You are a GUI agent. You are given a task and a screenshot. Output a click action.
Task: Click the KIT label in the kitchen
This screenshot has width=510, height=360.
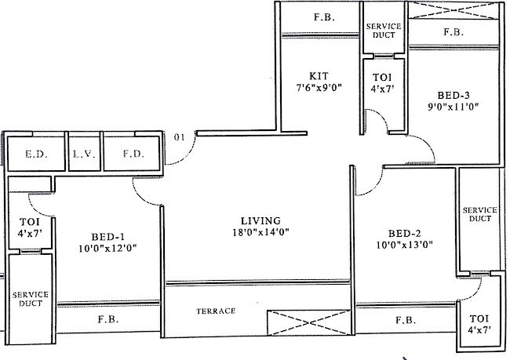(306, 76)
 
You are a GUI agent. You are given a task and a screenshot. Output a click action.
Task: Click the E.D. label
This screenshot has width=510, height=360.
(34, 155)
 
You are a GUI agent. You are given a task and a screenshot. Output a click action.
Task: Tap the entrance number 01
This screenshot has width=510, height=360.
(179, 139)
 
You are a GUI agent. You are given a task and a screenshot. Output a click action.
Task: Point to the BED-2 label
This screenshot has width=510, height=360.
(403, 232)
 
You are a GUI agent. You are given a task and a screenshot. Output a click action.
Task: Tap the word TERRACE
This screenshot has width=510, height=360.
(215, 311)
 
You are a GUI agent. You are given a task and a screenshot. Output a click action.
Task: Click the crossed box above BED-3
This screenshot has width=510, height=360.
(455, 11)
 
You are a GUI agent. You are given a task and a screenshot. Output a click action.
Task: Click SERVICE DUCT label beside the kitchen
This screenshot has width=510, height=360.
(384, 31)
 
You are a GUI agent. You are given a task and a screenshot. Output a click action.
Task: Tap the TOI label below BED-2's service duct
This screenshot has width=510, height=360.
(479, 319)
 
